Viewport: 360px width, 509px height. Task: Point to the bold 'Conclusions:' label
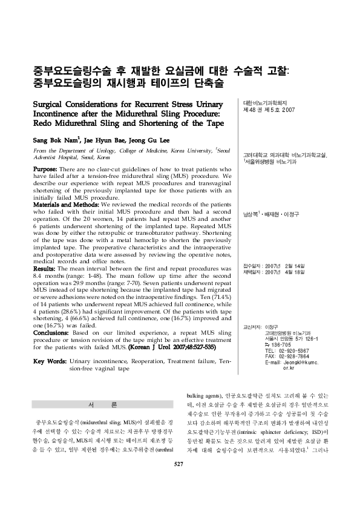pos(51,332)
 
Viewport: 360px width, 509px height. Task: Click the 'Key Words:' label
pos(50,361)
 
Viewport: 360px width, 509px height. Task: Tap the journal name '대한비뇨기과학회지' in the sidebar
pos(264,103)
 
